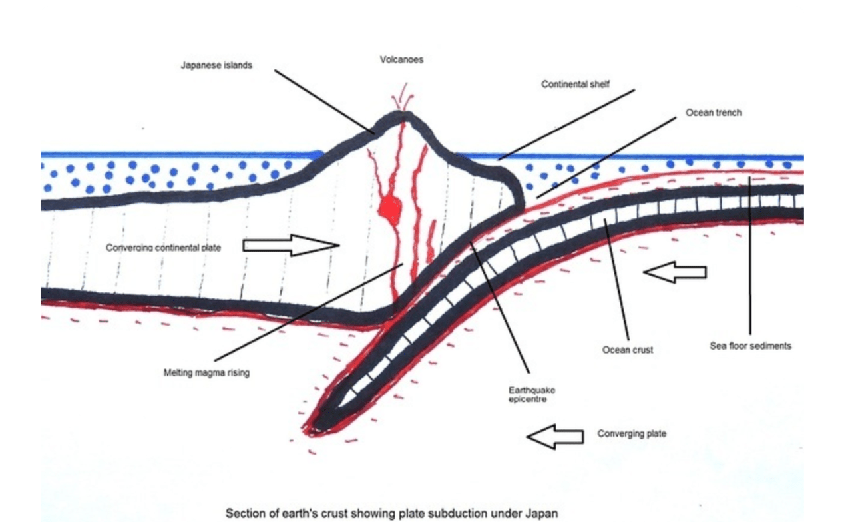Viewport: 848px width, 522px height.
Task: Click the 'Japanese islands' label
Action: tap(216, 66)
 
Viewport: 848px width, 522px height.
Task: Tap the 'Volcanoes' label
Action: tap(401, 59)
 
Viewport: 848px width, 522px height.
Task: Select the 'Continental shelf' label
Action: tap(575, 85)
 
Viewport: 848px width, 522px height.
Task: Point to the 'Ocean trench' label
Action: tap(714, 113)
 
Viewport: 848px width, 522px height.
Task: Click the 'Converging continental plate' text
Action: tap(163, 248)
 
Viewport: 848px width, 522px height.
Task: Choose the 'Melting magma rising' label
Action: tap(206, 373)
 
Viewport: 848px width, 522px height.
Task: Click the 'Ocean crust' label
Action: tap(628, 350)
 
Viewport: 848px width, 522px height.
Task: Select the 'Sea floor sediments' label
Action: tap(750, 346)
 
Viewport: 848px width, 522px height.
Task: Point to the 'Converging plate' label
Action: tap(631, 434)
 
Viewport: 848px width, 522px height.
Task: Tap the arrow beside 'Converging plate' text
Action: tap(554, 437)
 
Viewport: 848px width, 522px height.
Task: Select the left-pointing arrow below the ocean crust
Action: tap(676, 272)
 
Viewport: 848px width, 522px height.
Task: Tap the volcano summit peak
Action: tap(401, 117)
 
